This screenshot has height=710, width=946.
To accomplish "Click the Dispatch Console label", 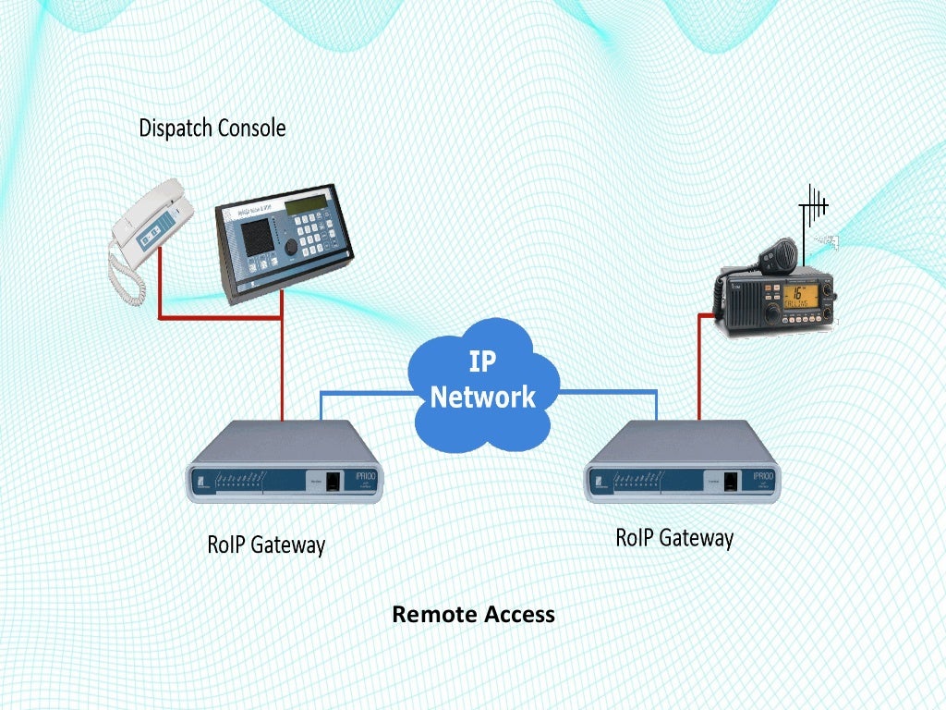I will click(x=212, y=128).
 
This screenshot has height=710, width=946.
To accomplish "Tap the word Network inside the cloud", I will click(x=482, y=397).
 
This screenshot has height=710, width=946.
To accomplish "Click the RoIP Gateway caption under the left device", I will click(x=265, y=545).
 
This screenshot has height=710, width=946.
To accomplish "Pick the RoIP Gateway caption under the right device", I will click(x=674, y=537).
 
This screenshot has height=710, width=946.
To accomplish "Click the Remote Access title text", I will click(x=473, y=614).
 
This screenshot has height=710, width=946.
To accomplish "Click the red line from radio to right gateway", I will click(x=699, y=370).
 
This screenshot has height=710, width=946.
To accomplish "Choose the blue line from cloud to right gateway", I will click(x=610, y=393).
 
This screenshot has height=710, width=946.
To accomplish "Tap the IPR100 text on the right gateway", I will click(x=763, y=475).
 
